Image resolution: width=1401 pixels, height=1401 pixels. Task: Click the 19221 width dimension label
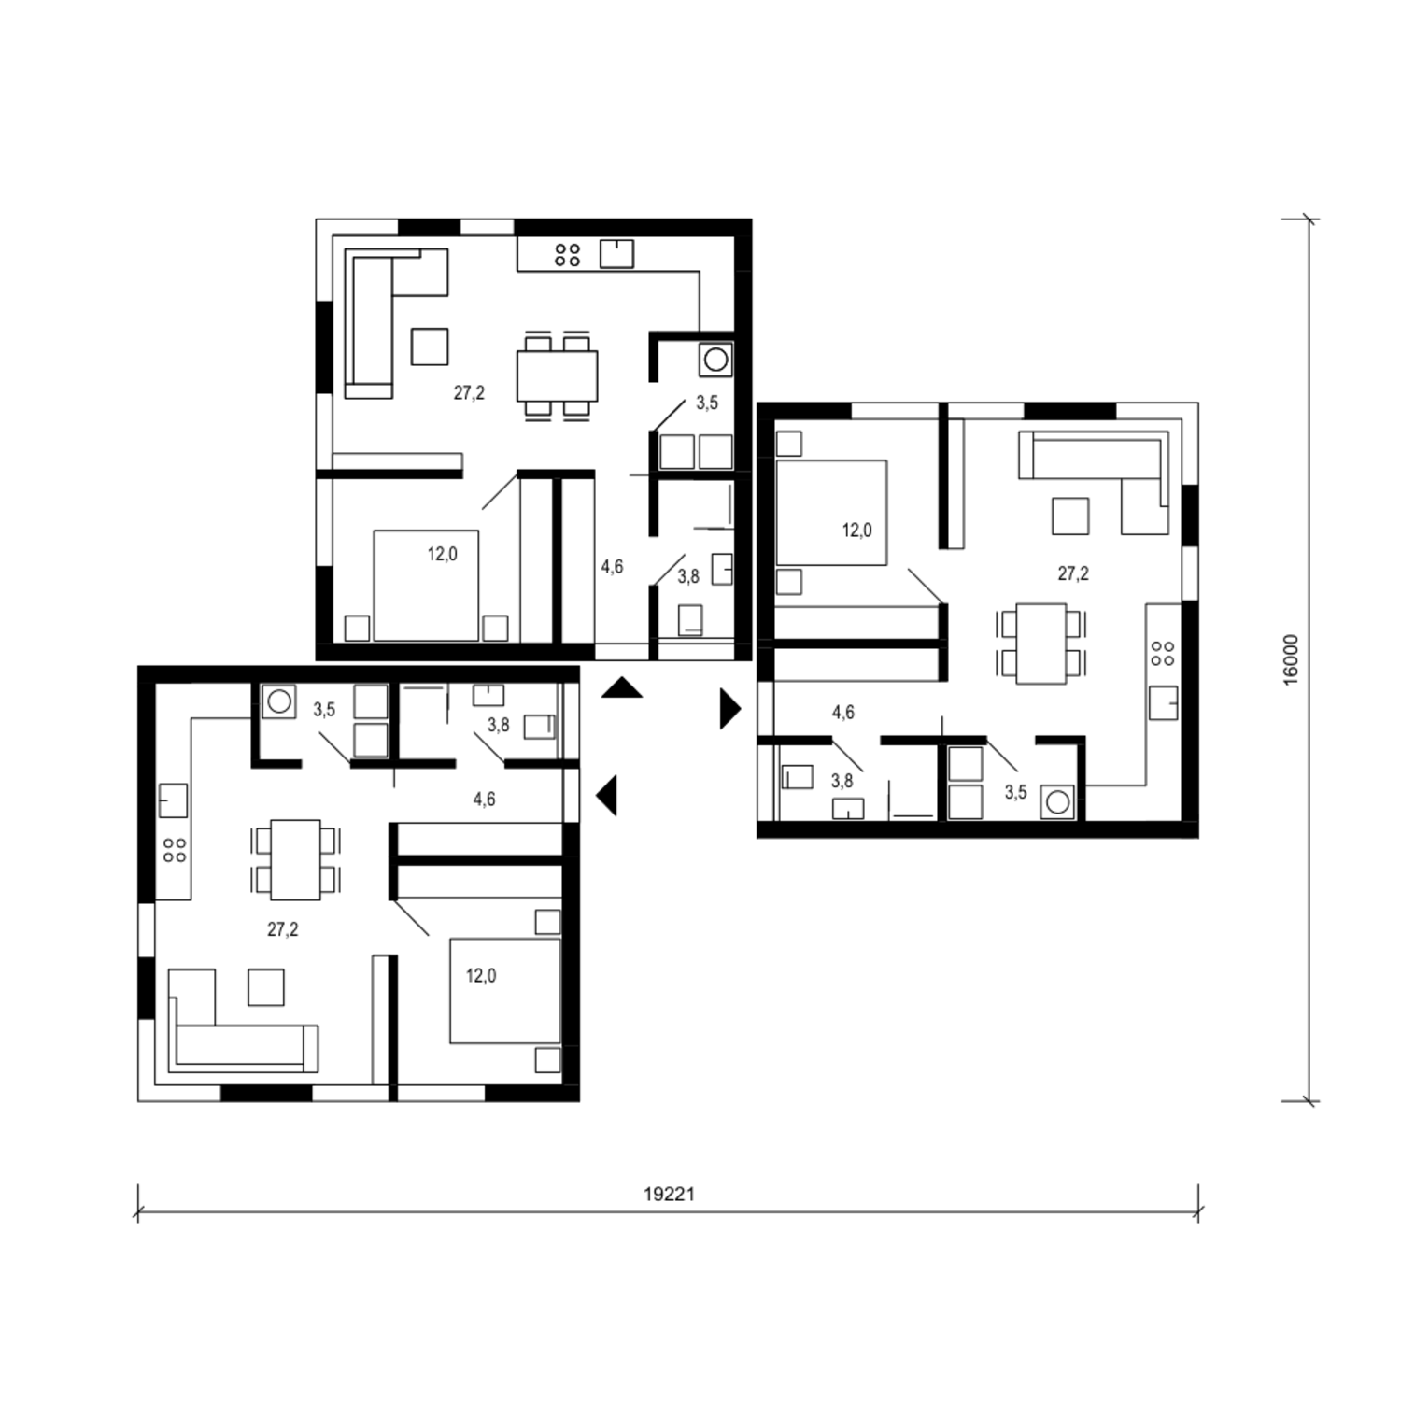669,1194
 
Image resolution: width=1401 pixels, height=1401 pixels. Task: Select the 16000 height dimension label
1291,660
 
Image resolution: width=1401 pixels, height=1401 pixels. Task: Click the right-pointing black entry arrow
729,709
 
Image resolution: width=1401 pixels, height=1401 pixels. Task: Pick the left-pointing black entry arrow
607,796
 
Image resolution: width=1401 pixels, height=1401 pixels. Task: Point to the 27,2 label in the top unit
469,393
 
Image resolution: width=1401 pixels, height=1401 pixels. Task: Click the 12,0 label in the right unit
856,531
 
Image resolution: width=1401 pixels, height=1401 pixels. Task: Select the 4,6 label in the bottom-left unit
484,800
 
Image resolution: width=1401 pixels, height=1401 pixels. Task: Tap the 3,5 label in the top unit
707,403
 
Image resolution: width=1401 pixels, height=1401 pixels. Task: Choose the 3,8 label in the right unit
842,781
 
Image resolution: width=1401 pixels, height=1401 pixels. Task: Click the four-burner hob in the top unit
567,255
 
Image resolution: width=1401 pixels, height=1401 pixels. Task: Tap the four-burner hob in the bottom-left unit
175,850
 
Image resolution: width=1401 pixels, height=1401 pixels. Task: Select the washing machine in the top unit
716,359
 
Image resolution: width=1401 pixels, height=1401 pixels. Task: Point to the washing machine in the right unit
1057,802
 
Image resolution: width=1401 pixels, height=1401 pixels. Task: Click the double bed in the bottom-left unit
505,991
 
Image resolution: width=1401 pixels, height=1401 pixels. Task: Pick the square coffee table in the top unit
430,347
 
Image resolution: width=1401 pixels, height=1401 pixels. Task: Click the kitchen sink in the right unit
1163,702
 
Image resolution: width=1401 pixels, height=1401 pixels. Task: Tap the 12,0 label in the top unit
443,555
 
